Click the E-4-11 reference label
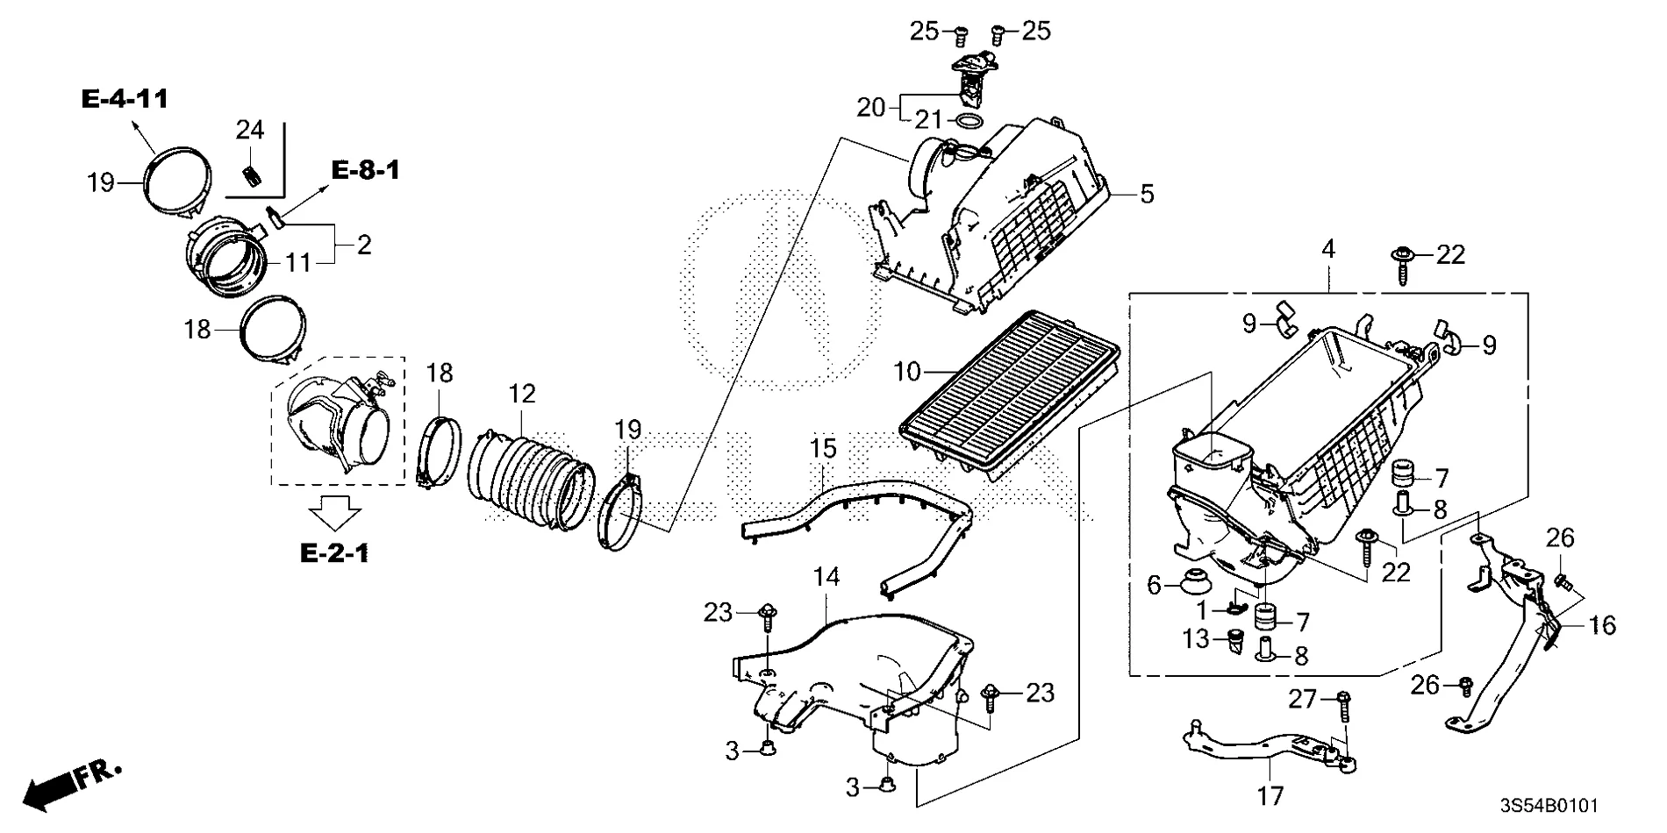pos(125,99)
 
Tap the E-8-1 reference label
pos(365,170)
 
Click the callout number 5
pos(1147,195)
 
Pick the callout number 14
pos(826,577)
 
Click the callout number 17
pos(1270,796)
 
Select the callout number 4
pos(1328,250)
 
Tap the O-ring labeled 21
pos(967,122)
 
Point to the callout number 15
pos(823,449)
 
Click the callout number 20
pos(872,107)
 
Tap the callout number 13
pos(1196,639)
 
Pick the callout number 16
pos(1601,625)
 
